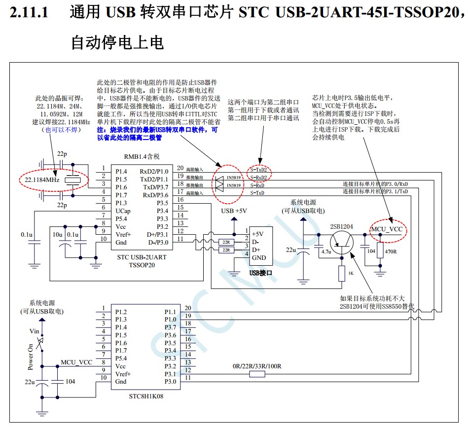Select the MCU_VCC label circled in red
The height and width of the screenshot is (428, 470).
pos(387,230)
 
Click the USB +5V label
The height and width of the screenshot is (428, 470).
pos(234,211)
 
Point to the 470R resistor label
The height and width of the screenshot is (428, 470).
pos(391,251)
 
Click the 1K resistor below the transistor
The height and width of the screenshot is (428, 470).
pos(342,273)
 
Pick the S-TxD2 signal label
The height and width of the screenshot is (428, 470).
pos(259,169)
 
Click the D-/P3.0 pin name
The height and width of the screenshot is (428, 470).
pos(157,242)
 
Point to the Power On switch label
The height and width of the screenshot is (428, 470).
pos(31,357)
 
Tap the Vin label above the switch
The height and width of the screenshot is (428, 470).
pos(35,331)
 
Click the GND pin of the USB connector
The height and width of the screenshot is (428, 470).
pos(258,257)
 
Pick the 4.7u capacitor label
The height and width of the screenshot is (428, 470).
pos(326,251)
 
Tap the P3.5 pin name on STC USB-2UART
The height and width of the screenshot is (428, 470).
pos(162,203)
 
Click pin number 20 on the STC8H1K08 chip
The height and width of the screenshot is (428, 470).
pos(187,308)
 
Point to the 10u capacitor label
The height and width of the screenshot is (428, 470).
pos(58,234)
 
